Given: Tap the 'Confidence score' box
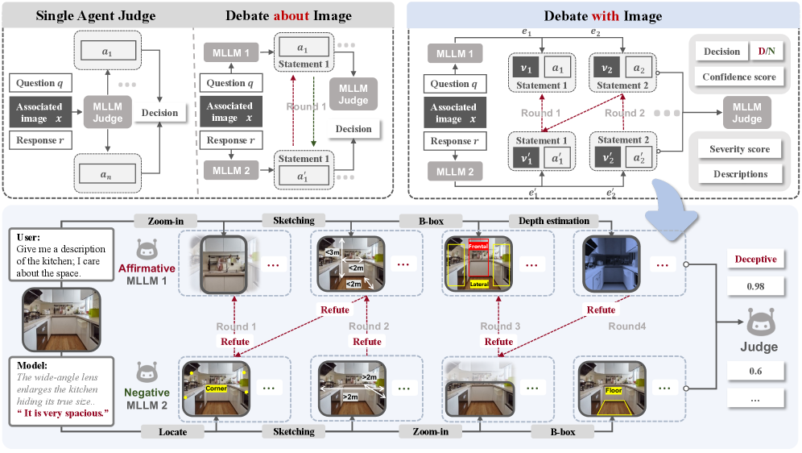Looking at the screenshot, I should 739,77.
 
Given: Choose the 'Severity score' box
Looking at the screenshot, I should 739,149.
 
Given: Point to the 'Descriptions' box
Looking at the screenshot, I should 739,174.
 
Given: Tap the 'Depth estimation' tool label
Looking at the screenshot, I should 553,221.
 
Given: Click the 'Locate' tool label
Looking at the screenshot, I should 172,432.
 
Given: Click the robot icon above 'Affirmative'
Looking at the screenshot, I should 146,249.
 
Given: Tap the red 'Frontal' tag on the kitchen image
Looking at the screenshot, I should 479,245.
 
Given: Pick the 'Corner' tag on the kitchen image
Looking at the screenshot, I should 217,388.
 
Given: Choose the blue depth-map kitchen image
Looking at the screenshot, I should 606,264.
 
